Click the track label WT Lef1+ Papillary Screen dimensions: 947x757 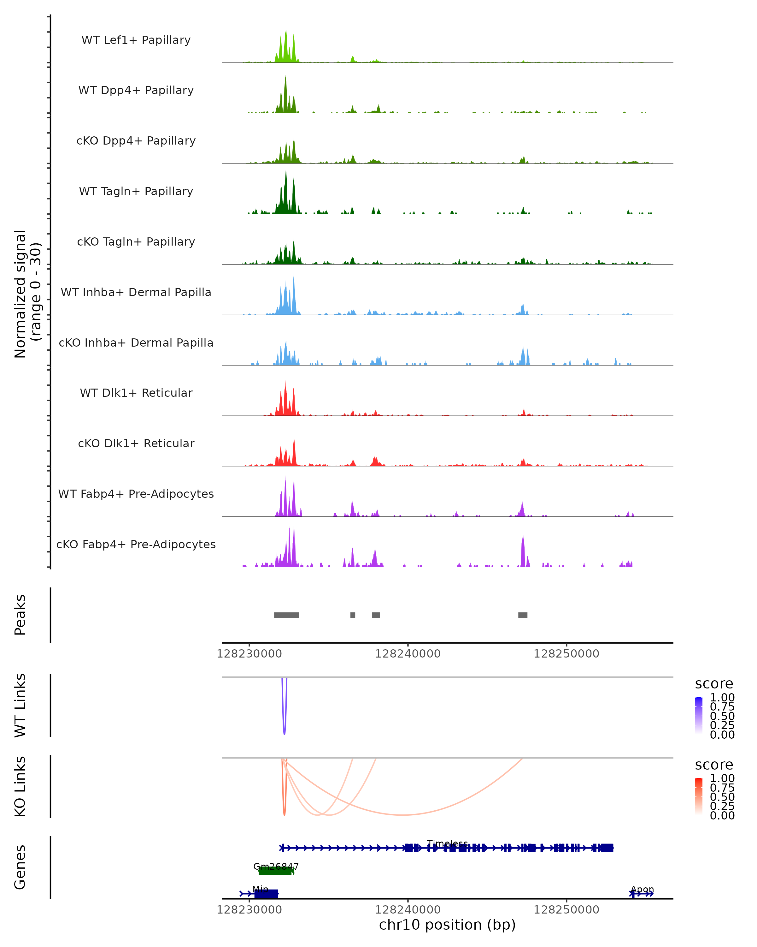136,40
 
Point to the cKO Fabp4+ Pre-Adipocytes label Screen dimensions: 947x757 136,544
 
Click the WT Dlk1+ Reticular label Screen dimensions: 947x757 136,393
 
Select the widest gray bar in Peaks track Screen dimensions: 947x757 287,615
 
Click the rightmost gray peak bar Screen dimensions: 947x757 523,615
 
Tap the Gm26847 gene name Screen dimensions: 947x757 276,866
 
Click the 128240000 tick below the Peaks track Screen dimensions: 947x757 408,654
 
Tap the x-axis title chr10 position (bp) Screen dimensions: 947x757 447,925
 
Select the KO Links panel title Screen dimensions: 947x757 20,786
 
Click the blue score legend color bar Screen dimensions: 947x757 699,716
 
